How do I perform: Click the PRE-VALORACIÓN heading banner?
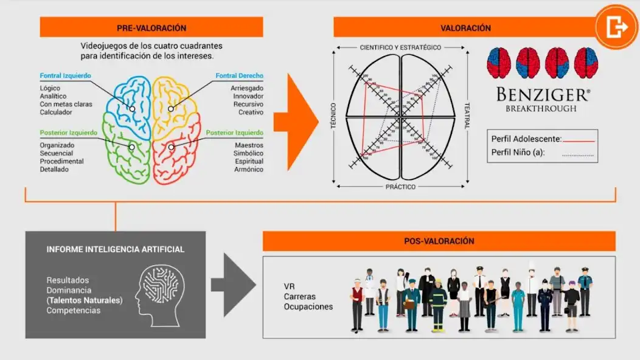(x=151, y=28)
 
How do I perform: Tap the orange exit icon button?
(x=616, y=27)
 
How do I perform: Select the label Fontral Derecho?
(x=239, y=76)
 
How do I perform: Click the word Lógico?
(x=49, y=88)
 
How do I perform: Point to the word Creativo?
(x=251, y=112)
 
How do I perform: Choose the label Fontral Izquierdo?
(x=65, y=76)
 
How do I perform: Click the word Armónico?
(x=249, y=169)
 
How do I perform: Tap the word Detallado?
(x=54, y=170)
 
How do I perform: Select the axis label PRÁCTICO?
(x=400, y=187)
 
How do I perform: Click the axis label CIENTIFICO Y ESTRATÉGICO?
(x=400, y=47)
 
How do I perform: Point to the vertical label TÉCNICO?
(x=333, y=116)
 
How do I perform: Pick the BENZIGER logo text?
(x=543, y=95)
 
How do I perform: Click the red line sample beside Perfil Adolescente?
(x=579, y=140)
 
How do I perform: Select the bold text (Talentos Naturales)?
(x=84, y=300)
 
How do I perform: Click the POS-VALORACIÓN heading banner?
(x=439, y=241)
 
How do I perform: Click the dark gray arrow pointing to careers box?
(x=232, y=285)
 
